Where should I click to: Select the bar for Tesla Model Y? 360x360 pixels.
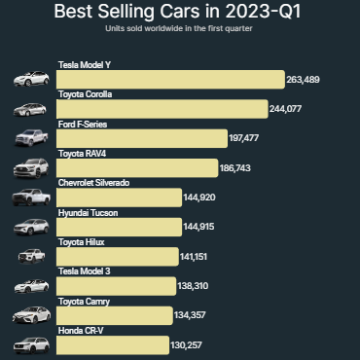coord(170,80)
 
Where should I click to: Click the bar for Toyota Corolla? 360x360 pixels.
coord(162,109)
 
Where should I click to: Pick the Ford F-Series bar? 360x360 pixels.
coord(141,139)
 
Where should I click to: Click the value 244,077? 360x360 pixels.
coord(290,109)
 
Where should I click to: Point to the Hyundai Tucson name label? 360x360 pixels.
coord(88,212)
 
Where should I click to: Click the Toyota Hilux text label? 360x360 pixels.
coord(81,241)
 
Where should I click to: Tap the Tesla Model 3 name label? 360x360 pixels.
coord(84,271)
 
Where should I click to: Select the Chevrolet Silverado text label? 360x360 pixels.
coord(93,182)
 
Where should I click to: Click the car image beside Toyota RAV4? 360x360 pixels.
coord(30,168)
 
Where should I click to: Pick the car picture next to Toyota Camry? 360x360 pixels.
coord(30,316)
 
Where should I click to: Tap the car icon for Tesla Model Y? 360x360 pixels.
coord(30,80)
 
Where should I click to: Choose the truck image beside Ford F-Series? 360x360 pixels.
coord(30,139)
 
